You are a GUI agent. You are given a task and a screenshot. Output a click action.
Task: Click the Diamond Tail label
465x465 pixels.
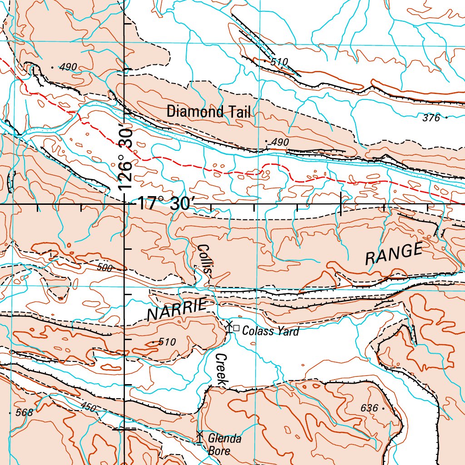(x=208, y=112)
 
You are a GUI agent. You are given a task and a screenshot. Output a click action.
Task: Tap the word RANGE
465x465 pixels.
(x=394, y=254)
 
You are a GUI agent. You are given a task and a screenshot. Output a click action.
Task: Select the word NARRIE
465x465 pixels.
(x=177, y=311)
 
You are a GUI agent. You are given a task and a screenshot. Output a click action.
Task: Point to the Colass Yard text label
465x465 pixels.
(x=271, y=331)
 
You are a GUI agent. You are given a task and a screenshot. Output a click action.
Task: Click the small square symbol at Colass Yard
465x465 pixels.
(x=236, y=327)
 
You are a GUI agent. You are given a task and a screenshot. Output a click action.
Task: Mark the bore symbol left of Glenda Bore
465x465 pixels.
(x=199, y=437)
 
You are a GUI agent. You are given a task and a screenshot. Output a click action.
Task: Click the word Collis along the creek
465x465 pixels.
(x=205, y=259)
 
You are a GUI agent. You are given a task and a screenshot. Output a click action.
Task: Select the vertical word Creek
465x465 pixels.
(x=221, y=370)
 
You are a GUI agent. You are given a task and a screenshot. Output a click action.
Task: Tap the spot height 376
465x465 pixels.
(x=431, y=118)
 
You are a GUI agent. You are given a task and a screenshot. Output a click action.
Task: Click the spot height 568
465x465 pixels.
(x=24, y=412)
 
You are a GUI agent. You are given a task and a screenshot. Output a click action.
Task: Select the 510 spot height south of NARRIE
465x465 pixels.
(x=167, y=342)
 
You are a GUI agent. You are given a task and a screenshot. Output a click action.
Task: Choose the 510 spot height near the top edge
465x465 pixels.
(x=279, y=62)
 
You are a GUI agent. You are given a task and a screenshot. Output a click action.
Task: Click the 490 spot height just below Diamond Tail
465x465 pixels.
(x=280, y=143)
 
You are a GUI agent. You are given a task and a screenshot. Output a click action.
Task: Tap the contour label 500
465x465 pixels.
(x=104, y=268)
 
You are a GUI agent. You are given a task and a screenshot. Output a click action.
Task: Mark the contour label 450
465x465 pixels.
(x=89, y=407)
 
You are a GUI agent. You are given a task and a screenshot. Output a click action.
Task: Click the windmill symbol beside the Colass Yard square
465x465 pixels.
(x=229, y=326)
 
